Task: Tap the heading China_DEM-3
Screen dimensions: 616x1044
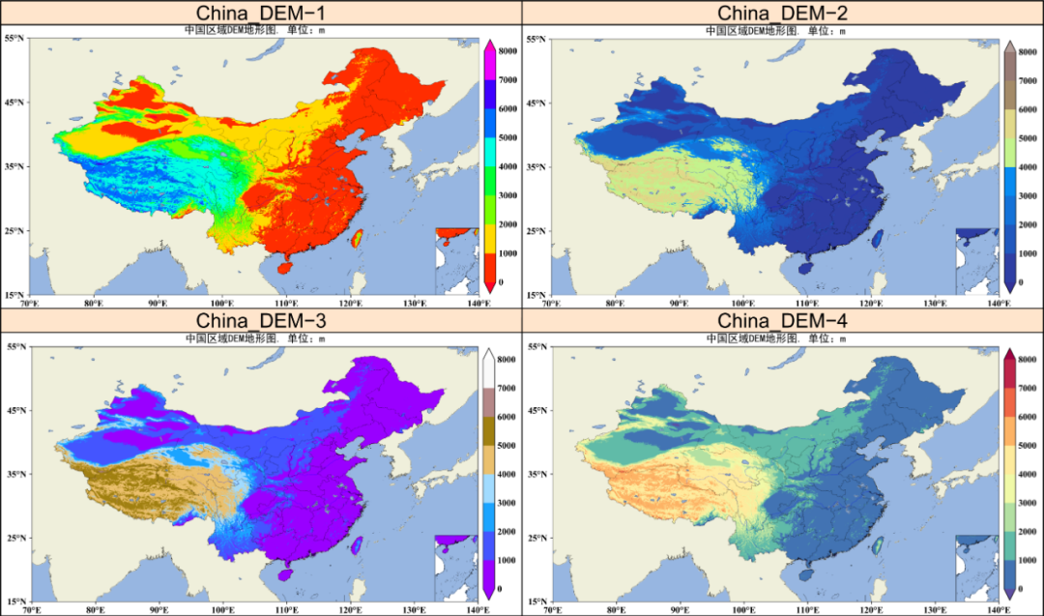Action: [261, 320]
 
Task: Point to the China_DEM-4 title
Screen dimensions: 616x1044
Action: [782, 320]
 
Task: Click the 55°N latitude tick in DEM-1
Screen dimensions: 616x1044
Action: [15, 38]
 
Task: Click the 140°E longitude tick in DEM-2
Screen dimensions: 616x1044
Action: [999, 303]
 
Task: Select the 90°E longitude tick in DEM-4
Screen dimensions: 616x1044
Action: [680, 610]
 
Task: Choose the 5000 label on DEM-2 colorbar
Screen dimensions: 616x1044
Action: [1030, 138]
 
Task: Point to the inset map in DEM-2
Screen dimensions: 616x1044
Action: [976, 260]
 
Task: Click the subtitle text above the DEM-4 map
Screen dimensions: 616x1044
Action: [775, 339]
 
